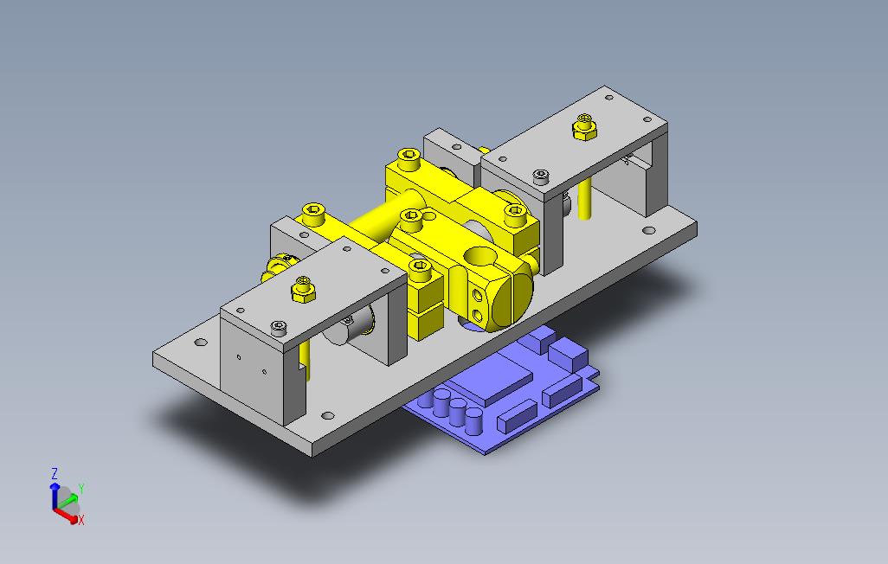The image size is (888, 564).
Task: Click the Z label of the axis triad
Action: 55,473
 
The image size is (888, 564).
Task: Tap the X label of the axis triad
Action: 81,520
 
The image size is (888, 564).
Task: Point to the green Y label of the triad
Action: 81,488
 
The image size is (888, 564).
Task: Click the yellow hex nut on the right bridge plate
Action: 584,127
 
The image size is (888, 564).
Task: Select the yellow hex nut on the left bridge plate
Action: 304,290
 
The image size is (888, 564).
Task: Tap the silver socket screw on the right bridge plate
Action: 542,176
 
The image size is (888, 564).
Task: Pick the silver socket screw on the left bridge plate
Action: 278,327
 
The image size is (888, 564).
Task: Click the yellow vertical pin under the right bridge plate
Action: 585,199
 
